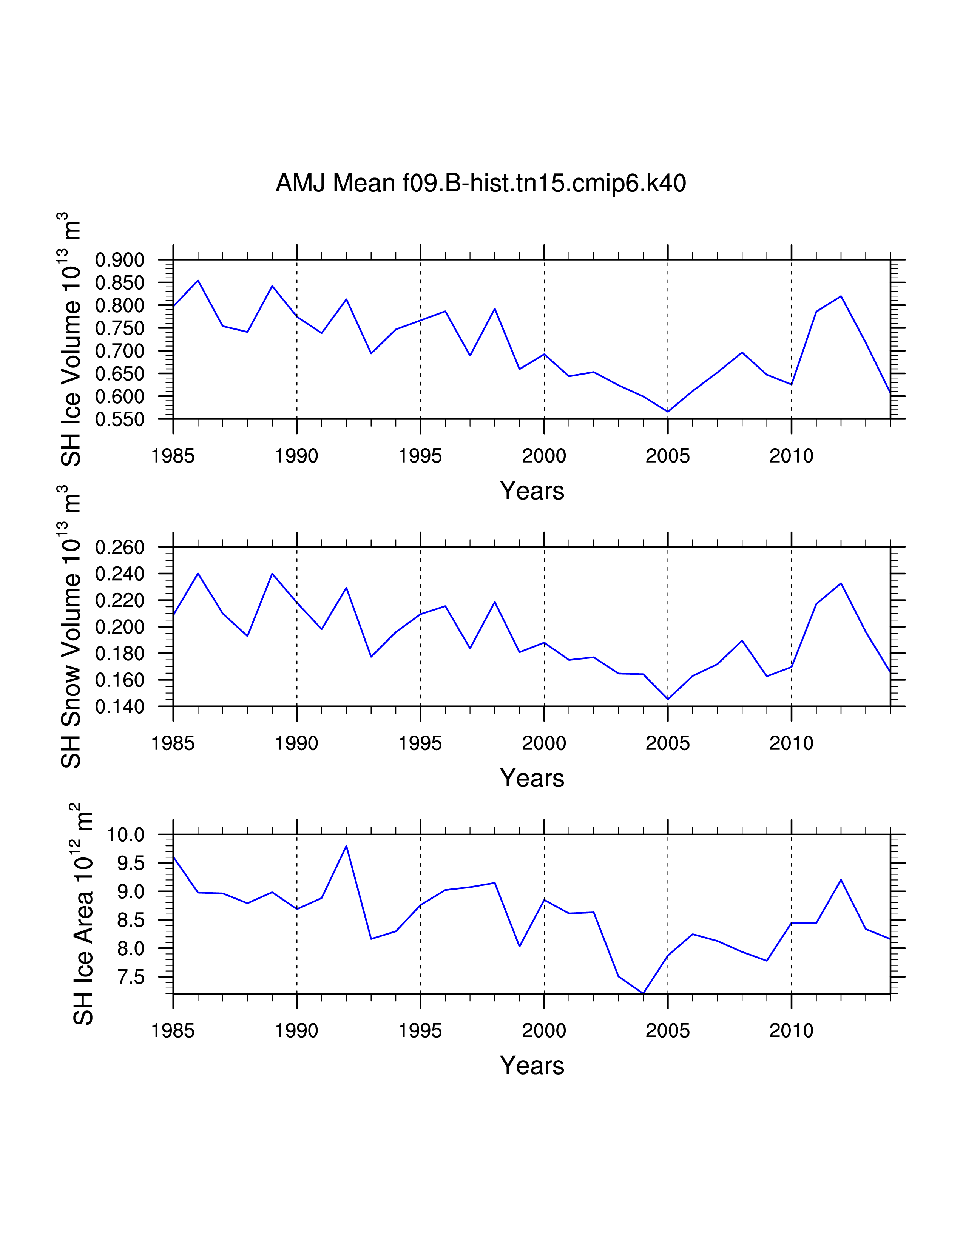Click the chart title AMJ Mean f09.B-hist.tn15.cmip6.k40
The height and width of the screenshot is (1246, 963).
(480, 183)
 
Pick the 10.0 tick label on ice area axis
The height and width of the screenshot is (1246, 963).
(126, 835)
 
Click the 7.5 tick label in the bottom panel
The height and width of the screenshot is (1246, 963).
(131, 977)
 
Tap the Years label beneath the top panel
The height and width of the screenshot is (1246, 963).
(532, 490)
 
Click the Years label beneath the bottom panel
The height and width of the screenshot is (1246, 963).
(532, 1066)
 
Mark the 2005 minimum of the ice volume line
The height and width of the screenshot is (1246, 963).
(667, 411)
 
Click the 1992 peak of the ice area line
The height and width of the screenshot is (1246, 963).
(346, 846)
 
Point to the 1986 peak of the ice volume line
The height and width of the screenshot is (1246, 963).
(198, 280)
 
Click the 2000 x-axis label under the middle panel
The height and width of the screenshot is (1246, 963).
(544, 743)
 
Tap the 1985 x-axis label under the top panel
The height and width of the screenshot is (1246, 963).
(173, 456)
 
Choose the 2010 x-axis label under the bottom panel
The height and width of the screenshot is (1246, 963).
(791, 1031)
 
